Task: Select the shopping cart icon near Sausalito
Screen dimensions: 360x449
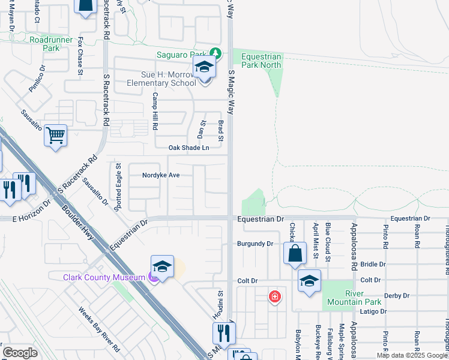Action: coord(55,136)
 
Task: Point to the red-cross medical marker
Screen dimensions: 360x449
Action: coord(274,296)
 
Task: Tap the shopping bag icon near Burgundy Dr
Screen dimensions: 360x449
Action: coord(296,254)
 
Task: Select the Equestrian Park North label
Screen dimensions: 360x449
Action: coord(261,61)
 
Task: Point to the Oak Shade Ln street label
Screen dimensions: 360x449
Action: coord(188,148)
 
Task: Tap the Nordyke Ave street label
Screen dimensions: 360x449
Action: coord(161,176)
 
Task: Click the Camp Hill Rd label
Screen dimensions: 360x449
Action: coord(155,112)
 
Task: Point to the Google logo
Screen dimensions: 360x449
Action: coord(20,353)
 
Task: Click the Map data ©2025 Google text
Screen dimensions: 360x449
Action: coord(412,355)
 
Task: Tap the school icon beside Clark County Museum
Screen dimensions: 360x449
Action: coord(162,267)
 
